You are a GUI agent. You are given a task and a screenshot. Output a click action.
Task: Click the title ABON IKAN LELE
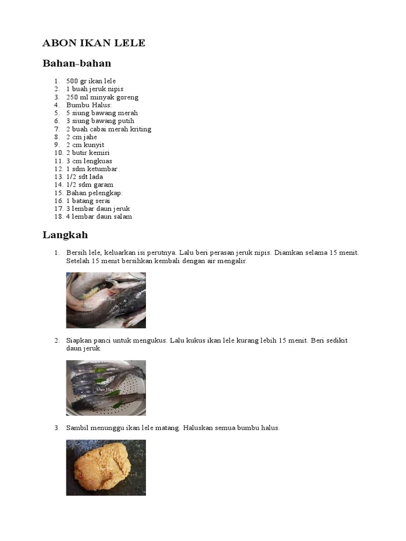[x=94, y=43]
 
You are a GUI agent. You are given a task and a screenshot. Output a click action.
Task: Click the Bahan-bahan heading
[x=77, y=63]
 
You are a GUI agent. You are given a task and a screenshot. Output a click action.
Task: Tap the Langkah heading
[x=65, y=235]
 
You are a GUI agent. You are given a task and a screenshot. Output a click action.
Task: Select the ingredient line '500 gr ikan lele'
[x=91, y=81]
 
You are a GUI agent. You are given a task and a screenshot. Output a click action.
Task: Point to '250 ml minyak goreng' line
[x=102, y=97]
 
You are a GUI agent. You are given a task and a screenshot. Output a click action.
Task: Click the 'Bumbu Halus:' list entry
[x=86, y=105]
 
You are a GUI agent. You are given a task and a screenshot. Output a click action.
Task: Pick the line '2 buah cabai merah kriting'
[x=108, y=129]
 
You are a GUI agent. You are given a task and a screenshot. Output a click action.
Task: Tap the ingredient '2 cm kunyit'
[x=85, y=145]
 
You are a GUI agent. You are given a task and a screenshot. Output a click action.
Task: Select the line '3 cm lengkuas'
[x=89, y=161]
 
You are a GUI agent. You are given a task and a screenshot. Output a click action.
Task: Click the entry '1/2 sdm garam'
[x=89, y=185]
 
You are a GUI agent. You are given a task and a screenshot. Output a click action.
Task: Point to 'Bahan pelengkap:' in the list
[x=94, y=193]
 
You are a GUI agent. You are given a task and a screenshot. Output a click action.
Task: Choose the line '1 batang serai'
[x=88, y=201]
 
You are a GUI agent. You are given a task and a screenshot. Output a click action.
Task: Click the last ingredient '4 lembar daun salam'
[x=99, y=217]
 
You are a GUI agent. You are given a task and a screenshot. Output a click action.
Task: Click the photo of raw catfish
[x=106, y=300]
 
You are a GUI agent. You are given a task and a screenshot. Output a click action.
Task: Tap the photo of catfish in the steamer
[x=106, y=388]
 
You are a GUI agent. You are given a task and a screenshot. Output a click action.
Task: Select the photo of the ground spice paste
[x=106, y=468]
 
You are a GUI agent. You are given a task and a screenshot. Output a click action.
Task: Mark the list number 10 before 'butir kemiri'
[x=58, y=153]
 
